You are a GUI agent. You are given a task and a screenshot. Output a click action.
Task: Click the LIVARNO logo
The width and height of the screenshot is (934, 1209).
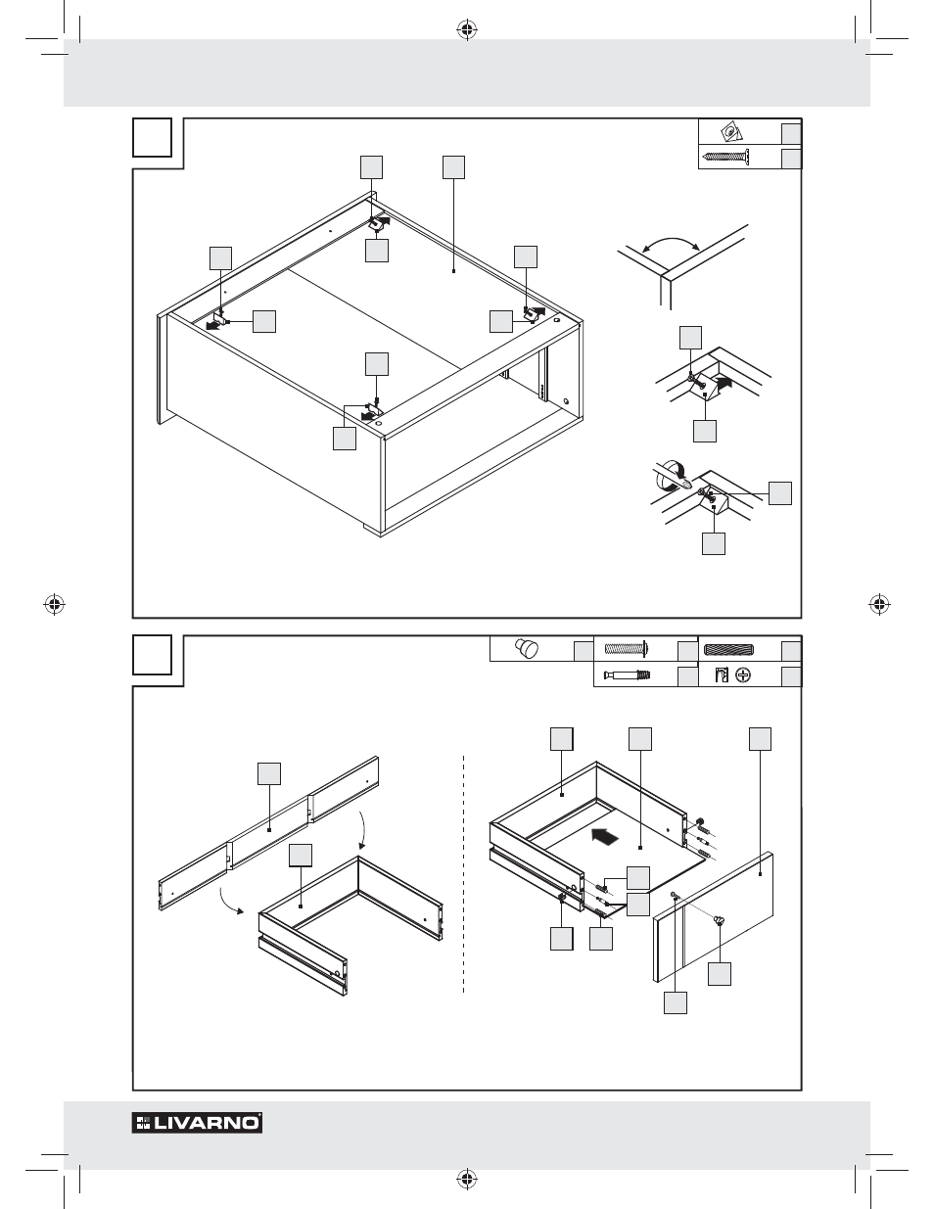click(x=198, y=1123)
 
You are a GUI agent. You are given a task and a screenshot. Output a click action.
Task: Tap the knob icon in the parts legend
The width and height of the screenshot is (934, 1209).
click(x=528, y=648)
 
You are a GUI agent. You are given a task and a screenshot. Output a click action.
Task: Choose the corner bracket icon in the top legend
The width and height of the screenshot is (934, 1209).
click(x=729, y=132)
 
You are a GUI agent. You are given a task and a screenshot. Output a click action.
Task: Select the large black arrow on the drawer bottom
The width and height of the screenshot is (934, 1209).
click(x=607, y=837)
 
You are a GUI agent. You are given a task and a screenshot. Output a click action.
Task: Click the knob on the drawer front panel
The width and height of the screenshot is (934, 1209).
click(x=721, y=919)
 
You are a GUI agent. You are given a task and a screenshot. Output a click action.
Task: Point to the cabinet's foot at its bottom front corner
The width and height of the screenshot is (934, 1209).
click(x=374, y=529)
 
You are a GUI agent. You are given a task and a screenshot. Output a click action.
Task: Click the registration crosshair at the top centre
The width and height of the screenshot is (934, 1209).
click(x=466, y=29)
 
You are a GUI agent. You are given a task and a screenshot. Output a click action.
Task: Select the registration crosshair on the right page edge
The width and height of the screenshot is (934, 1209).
click(x=878, y=603)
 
